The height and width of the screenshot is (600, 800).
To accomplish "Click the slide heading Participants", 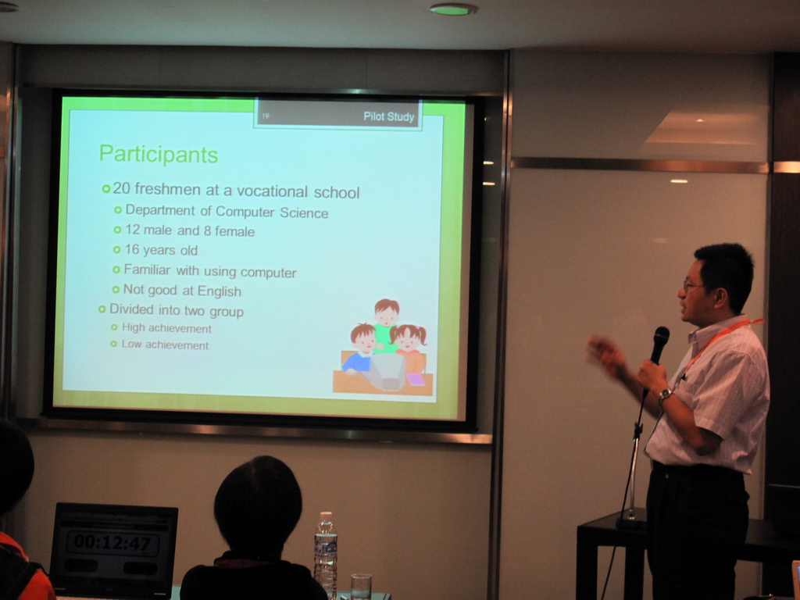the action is coord(159,155).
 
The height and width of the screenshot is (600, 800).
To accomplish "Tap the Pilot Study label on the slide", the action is coord(389,117).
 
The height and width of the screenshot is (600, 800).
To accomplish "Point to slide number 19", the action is coord(266,116).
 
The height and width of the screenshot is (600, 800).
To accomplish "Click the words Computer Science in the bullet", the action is coord(272,212).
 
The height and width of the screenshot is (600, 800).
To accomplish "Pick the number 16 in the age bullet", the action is coord(132,249).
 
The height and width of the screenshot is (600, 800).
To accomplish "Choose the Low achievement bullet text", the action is coord(166,345).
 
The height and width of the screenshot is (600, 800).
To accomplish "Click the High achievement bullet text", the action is coord(166,327).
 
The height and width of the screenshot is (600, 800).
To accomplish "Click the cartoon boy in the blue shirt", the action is coord(360,348).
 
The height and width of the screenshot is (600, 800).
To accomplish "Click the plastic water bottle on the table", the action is coord(326,555).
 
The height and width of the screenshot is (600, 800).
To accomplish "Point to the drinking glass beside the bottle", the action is coord(361,586).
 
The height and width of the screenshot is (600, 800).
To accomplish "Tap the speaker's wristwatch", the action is coord(664,395).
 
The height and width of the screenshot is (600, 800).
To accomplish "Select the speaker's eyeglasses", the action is coord(692,285).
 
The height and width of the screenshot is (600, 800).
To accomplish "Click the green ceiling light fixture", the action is coord(454,9).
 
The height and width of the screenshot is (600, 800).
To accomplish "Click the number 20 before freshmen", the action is coord(121,188).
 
